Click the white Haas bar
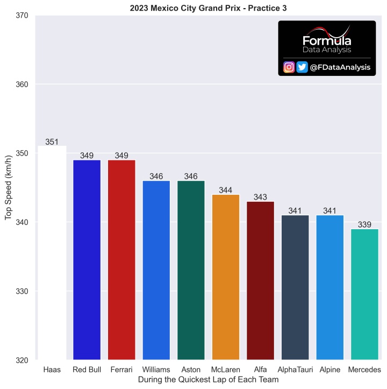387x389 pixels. [x=52, y=252]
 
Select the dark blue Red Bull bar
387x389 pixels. [x=87, y=260]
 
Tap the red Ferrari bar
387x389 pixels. [x=121, y=260]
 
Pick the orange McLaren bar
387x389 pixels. [x=226, y=277]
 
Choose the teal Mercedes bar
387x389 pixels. [x=364, y=294]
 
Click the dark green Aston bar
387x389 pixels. [x=191, y=270]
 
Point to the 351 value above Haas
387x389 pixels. [x=52, y=142]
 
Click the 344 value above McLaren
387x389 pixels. [x=226, y=190]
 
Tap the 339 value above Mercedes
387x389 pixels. [x=364, y=225]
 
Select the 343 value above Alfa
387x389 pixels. [x=260, y=197]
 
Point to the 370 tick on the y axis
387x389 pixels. [x=22, y=16]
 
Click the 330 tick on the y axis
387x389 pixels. [x=22, y=291]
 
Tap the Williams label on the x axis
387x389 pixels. [x=156, y=370]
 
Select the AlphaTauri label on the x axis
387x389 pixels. [x=295, y=370]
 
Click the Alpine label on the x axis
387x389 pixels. [x=329, y=370]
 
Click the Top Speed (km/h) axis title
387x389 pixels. [x=8, y=188]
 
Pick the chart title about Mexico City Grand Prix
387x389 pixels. [x=208, y=8]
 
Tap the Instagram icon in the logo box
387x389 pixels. [x=289, y=67]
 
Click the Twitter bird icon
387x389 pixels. [x=302, y=67]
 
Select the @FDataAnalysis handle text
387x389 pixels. [x=340, y=67]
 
